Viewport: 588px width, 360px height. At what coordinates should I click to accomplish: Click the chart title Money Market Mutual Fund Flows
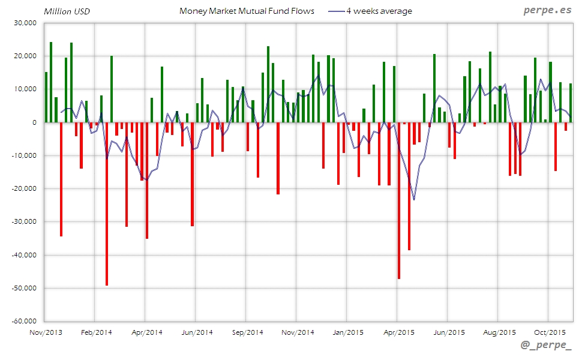[x=247, y=11]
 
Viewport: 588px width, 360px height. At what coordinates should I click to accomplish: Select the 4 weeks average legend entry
[x=379, y=11]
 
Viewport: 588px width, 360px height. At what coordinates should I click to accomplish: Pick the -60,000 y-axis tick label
[x=23, y=321]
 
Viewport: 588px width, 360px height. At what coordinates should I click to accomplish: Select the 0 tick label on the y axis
[x=34, y=122]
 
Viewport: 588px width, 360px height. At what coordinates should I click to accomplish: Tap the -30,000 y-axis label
[x=23, y=221]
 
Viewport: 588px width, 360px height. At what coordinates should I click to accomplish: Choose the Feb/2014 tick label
[x=96, y=332]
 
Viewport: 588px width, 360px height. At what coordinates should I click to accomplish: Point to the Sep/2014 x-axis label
[x=247, y=332]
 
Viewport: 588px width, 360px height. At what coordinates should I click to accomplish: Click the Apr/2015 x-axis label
[x=398, y=332]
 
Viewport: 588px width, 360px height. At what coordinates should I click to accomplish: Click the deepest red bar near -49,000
[x=107, y=204]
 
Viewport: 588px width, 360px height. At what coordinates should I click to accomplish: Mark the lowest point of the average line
[x=414, y=199]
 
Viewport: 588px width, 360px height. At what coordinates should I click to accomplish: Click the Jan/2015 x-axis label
[x=348, y=332]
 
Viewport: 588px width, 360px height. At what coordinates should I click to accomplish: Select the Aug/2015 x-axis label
[x=499, y=332]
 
